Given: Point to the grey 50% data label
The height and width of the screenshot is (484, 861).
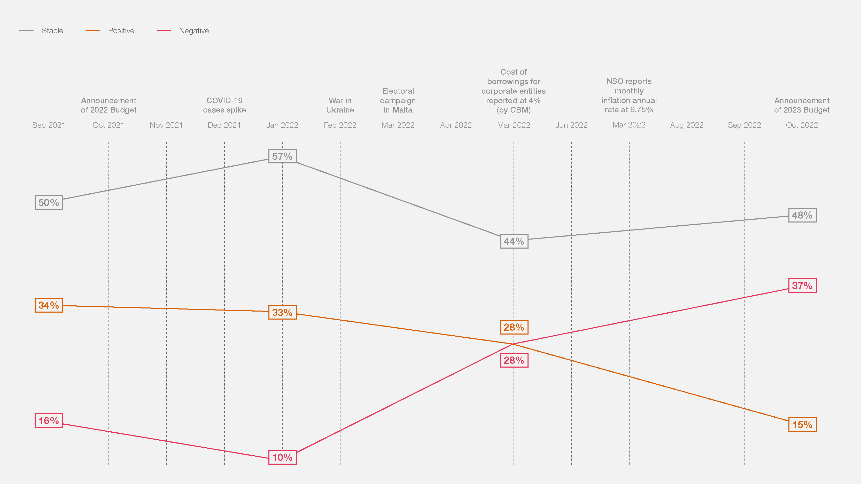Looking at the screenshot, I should (x=49, y=202).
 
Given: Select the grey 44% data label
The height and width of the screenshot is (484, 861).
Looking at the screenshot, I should (x=514, y=241).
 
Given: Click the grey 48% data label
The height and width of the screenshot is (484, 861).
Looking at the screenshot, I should (x=802, y=215).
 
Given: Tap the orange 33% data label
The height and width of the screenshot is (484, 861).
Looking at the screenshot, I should (x=282, y=312).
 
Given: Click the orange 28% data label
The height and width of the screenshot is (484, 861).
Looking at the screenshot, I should (x=514, y=327).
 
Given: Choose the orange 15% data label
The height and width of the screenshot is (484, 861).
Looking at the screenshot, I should (x=802, y=425).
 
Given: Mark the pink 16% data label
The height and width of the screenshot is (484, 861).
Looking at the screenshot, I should (x=49, y=420).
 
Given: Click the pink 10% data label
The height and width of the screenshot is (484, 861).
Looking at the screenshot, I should (x=282, y=457).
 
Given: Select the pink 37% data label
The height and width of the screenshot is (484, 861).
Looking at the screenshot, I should (x=802, y=285).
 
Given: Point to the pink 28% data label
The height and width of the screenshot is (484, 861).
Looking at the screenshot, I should (x=514, y=360).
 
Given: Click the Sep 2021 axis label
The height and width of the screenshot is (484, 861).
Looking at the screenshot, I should (x=49, y=125).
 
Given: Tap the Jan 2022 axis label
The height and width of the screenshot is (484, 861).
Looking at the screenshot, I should (x=282, y=125).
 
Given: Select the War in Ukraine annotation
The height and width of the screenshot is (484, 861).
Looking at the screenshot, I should (x=340, y=105).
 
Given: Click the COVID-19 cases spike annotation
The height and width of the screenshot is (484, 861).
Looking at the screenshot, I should (x=224, y=105).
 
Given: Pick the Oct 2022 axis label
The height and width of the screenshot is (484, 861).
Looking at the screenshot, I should (x=802, y=125).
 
